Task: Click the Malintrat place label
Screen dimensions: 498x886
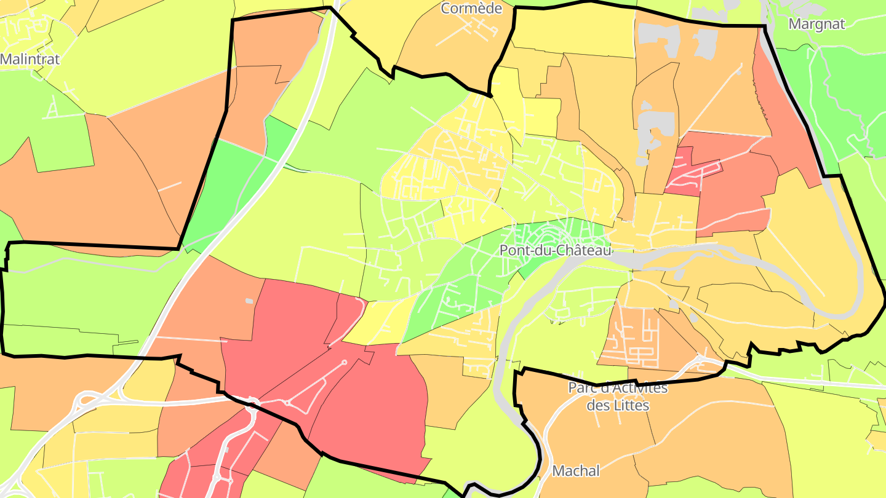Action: tap(30, 60)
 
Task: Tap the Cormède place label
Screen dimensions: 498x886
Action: tap(471, 9)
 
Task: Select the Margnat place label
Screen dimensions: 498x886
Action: tap(816, 24)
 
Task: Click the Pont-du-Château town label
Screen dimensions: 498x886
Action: tap(555, 251)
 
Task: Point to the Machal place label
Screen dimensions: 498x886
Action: tap(576, 471)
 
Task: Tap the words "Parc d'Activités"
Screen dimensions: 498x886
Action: tap(617, 388)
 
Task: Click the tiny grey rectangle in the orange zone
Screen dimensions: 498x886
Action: tap(249, 301)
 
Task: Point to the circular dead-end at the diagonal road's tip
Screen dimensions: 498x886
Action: tap(344, 362)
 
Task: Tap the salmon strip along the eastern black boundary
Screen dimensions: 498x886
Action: tap(781, 111)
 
